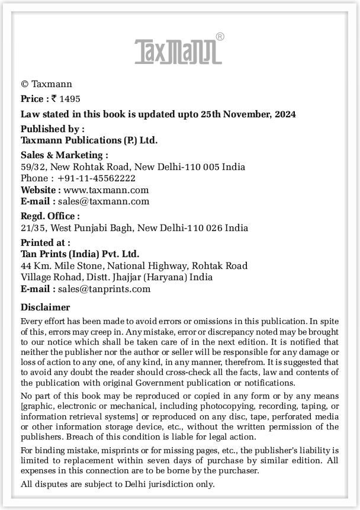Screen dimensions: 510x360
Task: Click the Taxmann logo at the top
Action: [x=178, y=52]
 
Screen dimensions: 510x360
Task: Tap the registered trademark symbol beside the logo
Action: [x=220, y=37]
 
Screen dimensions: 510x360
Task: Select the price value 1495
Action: [x=70, y=99]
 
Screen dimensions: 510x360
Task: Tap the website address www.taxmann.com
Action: [x=106, y=190]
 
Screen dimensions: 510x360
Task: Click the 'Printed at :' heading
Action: [x=45, y=242]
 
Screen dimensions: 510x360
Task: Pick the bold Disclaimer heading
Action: [x=45, y=307]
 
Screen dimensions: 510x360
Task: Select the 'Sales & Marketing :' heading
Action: [x=64, y=155]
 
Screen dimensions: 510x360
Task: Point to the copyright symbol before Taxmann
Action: [x=24, y=84]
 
